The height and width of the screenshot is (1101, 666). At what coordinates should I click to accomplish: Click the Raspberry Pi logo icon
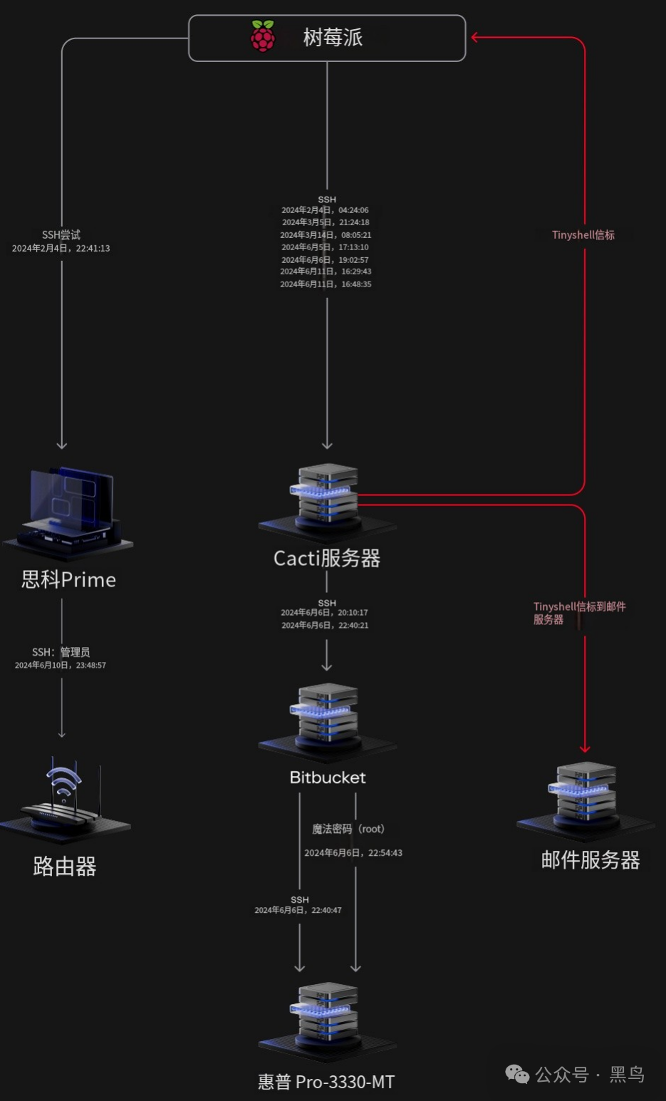coord(263,36)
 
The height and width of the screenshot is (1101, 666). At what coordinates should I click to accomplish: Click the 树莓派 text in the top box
coord(333,37)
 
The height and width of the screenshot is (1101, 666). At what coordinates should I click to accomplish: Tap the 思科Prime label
coord(68,579)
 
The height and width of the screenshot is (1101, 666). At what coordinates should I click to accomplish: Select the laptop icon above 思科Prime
coord(69,507)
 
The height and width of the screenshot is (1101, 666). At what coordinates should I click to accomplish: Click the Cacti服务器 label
coord(327,558)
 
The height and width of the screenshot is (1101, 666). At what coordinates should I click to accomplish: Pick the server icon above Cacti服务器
coord(327,498)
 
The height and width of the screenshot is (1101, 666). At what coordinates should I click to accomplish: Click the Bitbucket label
coord(328,777)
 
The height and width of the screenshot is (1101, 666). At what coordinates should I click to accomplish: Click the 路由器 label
coord(64,867)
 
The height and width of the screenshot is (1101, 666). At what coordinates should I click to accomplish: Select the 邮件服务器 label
coord(590,860)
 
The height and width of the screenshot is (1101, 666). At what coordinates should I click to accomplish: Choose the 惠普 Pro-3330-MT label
coord(326,1082)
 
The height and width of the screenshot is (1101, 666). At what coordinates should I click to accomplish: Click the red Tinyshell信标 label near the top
coord(583,235)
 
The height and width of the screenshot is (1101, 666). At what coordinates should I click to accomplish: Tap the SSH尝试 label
coord(61,235)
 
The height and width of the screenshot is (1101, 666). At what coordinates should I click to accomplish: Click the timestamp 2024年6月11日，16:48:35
coord(326,284)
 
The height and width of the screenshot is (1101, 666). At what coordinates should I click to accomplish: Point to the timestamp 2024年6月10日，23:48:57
coord(61,666)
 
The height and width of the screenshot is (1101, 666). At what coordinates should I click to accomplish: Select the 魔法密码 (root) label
coord(348,829)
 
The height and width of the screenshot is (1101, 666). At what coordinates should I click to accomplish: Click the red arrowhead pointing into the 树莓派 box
coord(475,37)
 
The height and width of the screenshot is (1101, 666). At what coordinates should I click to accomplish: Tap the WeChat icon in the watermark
coord(517,1074)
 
